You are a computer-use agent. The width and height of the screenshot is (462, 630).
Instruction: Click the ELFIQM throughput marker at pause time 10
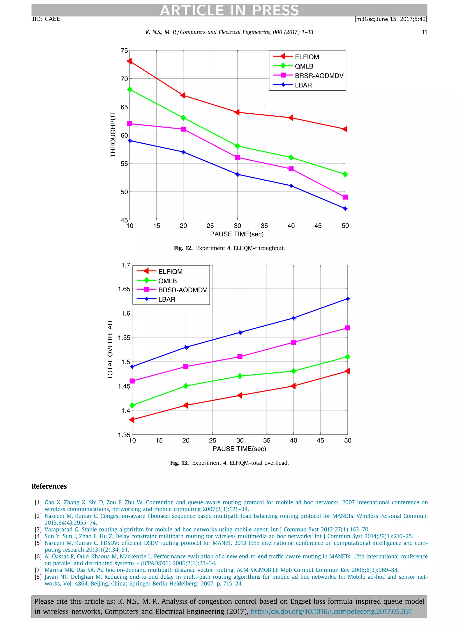click(129, 61)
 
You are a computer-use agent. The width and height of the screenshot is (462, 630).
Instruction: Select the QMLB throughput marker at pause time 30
click(238, 146)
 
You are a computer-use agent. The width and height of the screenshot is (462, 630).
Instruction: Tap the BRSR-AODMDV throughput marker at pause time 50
click(345, 197)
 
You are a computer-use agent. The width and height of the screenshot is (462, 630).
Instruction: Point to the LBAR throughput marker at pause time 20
click(183, 152)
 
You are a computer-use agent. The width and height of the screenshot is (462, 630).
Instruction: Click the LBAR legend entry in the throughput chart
click(303, 85)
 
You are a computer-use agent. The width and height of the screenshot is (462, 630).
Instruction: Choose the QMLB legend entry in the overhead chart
click(168, 281)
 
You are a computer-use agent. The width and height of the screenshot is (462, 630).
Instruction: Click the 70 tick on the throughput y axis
click(124, 79)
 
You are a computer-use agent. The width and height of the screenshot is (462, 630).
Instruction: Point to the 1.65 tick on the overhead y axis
click(124, 289)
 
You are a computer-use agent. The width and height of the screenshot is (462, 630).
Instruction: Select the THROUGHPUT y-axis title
click(113, 135)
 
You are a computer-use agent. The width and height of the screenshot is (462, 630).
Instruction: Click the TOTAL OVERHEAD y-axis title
click(110, 350)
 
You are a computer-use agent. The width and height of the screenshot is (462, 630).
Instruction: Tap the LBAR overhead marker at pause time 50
click(347, 299)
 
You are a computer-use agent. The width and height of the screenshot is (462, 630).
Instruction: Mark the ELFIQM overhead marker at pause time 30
click(239, 395)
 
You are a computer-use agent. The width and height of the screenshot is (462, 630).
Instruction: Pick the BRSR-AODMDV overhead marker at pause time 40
click(293, 342)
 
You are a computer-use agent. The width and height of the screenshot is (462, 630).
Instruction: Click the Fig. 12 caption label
click(183, 248)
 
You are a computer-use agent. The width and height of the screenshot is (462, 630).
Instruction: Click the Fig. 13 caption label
click(179, 463)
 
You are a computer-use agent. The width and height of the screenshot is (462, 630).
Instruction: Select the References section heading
click(49, 486)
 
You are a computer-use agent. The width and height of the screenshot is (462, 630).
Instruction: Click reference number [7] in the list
click(38, 570)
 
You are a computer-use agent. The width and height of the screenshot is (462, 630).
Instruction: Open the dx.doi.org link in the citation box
click(331, 612)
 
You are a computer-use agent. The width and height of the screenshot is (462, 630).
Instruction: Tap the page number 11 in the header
click(424, 32)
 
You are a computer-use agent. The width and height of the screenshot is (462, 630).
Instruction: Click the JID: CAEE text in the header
click(46, 19)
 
